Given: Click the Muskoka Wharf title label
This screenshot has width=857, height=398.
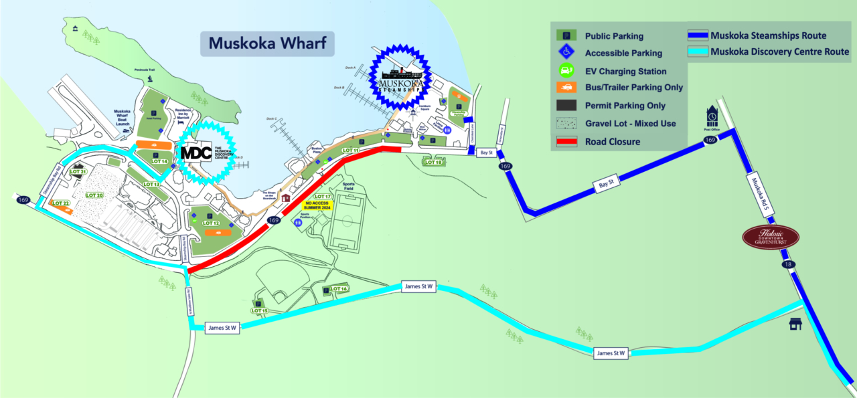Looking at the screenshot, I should (266, 43).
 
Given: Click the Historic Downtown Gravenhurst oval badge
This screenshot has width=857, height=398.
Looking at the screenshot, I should (771, 237).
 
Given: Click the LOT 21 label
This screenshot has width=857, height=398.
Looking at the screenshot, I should (78, 172).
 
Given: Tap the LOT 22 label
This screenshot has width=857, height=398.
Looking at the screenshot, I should (61, 203).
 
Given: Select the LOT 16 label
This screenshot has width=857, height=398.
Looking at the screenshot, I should (339, 289).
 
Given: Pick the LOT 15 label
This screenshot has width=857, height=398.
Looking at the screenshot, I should (259, 311).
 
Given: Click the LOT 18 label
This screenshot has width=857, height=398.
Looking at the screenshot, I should (434, 163).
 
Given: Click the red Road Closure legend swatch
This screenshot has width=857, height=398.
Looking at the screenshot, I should (566, 141).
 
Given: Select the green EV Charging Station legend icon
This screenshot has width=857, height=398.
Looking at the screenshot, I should (566, 70).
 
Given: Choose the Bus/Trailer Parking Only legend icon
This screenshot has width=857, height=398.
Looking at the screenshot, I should (566, 88).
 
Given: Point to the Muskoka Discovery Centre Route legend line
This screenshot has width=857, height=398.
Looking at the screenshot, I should (698, 51).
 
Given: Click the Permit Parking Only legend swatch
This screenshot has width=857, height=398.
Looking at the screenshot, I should (566, 106).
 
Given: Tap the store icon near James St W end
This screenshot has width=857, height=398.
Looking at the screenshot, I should (795, 324).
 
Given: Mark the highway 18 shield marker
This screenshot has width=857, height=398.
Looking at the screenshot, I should (787, 265).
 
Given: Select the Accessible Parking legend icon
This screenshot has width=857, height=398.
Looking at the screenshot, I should (566, 52).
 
